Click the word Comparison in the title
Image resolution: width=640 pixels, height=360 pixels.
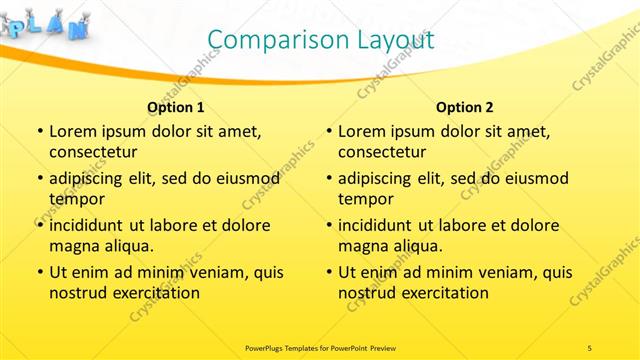point(271,41)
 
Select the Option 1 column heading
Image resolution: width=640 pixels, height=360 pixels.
point(176,107)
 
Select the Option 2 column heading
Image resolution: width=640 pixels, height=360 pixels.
point(465,107)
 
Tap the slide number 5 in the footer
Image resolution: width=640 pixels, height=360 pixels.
point(589,347)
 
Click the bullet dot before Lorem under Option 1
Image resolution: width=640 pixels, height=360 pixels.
point(39,132)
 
